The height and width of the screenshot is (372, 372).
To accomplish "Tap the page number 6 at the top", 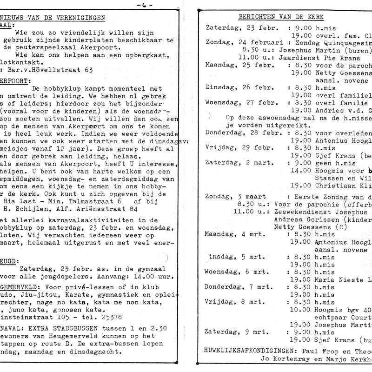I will click(x=142, y=4).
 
